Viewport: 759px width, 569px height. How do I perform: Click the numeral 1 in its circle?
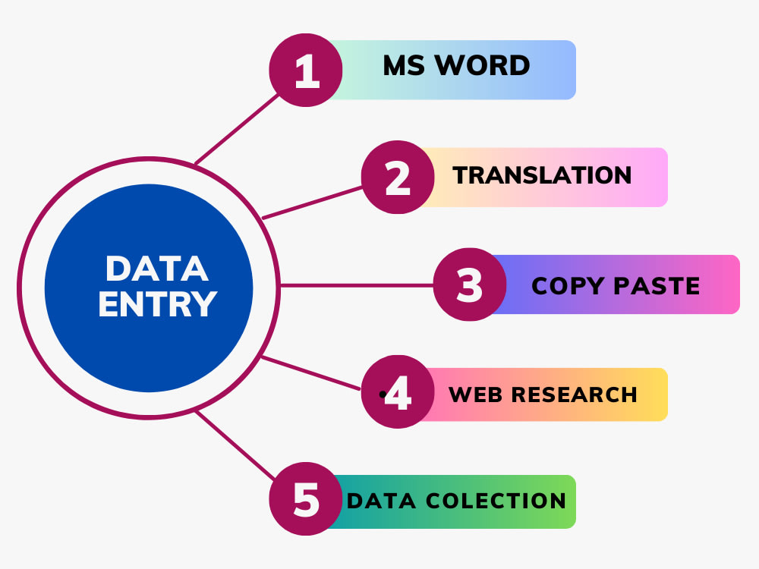click(x=307, y=71)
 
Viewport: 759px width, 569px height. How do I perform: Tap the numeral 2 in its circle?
click(x=398, y=178)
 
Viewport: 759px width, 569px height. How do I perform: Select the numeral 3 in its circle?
click(x=470, y=285)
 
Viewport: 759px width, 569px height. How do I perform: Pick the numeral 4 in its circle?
click(x=398, y=392)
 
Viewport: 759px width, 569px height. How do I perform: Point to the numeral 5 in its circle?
click(x=307, y=499)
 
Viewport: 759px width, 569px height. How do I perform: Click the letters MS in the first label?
click(x=405, y=65)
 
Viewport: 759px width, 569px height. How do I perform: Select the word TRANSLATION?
click(x=542, y=175)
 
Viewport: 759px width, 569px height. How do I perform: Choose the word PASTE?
click(x=657, y=285)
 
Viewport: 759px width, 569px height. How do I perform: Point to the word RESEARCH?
click(x=575, y=395)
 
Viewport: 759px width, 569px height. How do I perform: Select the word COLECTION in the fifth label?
click(x=496, y=501)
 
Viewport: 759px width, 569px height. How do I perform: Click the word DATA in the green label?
click(x=381, y=501)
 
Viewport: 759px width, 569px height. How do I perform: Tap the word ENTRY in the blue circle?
click(x=158, y=304)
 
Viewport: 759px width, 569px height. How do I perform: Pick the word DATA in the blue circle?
click(x=157, y=269)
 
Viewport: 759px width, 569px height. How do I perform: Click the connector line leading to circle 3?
click(x=357, y=285)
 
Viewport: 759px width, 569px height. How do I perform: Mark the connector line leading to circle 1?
click(x=237, y=129)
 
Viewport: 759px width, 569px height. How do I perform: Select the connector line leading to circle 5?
click(x=236, y=445)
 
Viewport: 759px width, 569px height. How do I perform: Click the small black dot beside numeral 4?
click(x=383, y=395)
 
